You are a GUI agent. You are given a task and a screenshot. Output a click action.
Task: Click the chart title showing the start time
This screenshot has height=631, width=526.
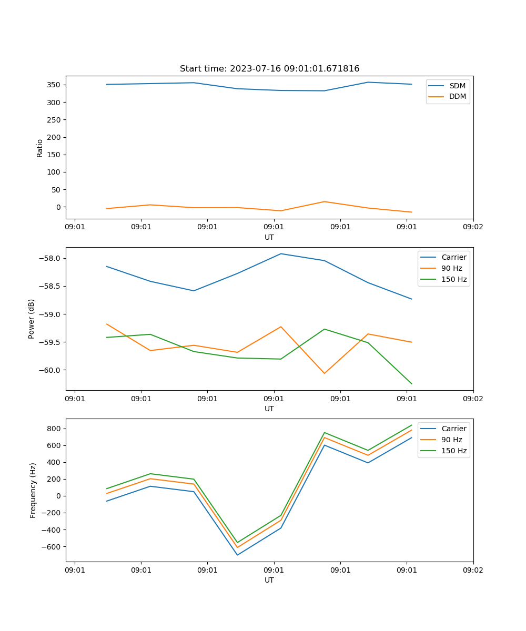click(x=269, y=69)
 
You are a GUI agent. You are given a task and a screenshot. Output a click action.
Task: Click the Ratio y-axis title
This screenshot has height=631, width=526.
click(x=40, y=148)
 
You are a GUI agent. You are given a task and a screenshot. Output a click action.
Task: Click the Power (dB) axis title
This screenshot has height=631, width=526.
click(x=32, y=319)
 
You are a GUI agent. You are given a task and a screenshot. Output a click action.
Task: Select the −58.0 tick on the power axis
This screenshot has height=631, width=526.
click(x=50, y=258)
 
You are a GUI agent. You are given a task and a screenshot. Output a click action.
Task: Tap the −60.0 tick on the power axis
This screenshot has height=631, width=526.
click(x=50, y=370)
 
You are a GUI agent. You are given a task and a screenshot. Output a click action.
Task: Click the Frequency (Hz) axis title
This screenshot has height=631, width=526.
click(x=33, y=490)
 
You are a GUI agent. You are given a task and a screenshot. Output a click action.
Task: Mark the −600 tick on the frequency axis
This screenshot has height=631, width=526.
click(x=52, y=547)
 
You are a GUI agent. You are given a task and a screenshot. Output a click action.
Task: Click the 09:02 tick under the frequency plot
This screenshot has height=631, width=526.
click(x=473, y=569)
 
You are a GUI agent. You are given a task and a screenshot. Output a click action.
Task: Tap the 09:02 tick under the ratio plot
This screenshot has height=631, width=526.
click(x=473, y=227)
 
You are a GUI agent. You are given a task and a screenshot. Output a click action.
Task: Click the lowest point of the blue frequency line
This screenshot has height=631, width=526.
click(x=237, y=555)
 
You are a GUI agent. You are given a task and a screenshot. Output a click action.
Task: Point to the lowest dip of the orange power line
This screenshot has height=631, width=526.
click(x=324, y=373)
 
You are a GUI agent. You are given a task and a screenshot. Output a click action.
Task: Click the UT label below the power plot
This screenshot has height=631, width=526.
click(x=269, y=409)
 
